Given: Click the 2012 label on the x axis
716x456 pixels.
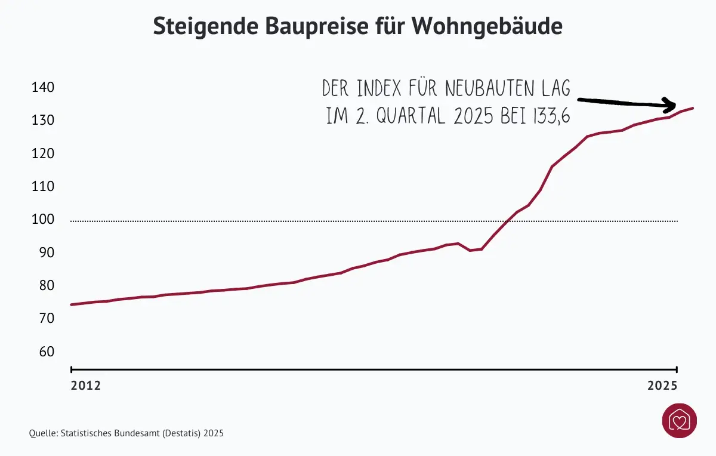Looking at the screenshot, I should pyautogui.click(x=86, y=386).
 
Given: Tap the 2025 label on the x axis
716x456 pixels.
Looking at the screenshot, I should pyautogui.click(x=662, y=386).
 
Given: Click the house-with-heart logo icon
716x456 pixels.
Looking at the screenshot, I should pyautogui.click(x=679, y=421).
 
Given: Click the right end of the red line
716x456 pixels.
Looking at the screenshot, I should pyautogui.click(x=692, y=108).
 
